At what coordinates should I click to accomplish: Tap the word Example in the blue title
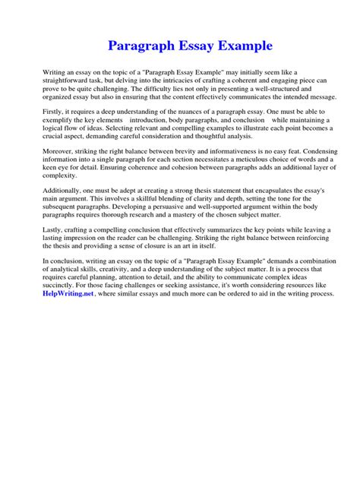click(240, 46)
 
